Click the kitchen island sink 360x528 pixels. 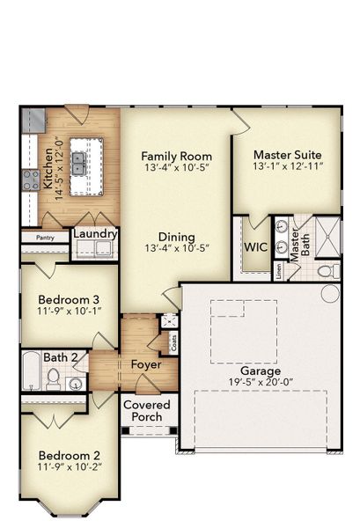tap(79, 162)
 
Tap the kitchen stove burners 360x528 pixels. tap(26, 183)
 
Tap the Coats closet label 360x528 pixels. tap(173, 342)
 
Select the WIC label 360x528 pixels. tap(255, 247)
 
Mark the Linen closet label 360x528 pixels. tap(278, 274)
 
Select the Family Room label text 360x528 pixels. tap(177, 155)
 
